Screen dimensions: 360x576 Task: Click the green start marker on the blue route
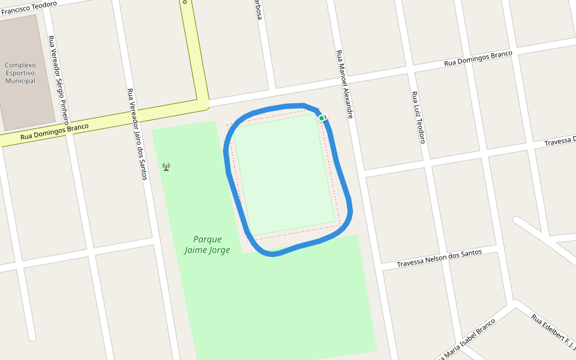click(x=322, y=118)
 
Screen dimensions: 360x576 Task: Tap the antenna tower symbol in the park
click(x=166, y=167)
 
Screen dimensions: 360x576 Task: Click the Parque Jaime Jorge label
click(x=207, y=245)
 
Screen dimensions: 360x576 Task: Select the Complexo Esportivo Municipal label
click(x=20, y=73)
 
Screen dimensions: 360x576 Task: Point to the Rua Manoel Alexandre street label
click(x=344, y=84)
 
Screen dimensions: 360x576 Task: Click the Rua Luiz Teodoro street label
click(x=418, y=117)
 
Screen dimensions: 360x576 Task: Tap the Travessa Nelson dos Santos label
click(x=440, y=259)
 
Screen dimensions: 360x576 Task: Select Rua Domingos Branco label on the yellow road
click(x=54, y=132)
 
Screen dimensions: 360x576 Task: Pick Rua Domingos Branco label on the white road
click(x=478, y=58)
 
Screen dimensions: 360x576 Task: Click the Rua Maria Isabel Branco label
click(x=468, y=340)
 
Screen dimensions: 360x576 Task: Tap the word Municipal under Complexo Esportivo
click(x=20, y=81)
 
